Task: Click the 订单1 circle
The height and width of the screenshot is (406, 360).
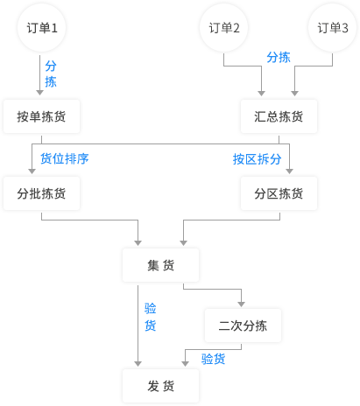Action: (41, 28)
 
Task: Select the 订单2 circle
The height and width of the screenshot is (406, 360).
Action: (223, 28)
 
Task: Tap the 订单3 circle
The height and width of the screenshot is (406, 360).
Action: (332, 28)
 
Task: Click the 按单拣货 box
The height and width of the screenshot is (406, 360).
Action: (41, 116)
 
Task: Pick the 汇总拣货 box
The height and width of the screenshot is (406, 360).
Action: (279, 116)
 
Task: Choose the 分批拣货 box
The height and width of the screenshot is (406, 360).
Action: (41, 193)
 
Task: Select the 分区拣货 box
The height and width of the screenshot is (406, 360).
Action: (279, 193)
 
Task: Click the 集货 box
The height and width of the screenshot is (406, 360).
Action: (160, 265)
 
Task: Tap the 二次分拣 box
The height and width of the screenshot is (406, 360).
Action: (243, 325)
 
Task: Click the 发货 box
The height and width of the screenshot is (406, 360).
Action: (160, 386)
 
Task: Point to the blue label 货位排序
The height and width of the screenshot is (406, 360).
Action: (65, 158)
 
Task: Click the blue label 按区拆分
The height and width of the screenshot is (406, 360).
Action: (257, 159)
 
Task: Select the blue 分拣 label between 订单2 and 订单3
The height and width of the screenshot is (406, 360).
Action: (279, 57)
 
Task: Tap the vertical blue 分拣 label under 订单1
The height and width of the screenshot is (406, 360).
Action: (51, 73)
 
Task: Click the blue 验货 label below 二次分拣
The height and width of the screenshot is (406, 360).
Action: (213, 359)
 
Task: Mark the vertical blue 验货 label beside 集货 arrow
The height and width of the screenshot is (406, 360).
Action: (151, 317)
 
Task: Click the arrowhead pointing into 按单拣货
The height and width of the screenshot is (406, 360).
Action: (40, 93)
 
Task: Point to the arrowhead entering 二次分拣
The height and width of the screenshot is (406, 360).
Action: (241, 304)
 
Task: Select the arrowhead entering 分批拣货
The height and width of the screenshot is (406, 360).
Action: (32, 171)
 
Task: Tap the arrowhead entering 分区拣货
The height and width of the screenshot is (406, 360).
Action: (289, 171)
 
